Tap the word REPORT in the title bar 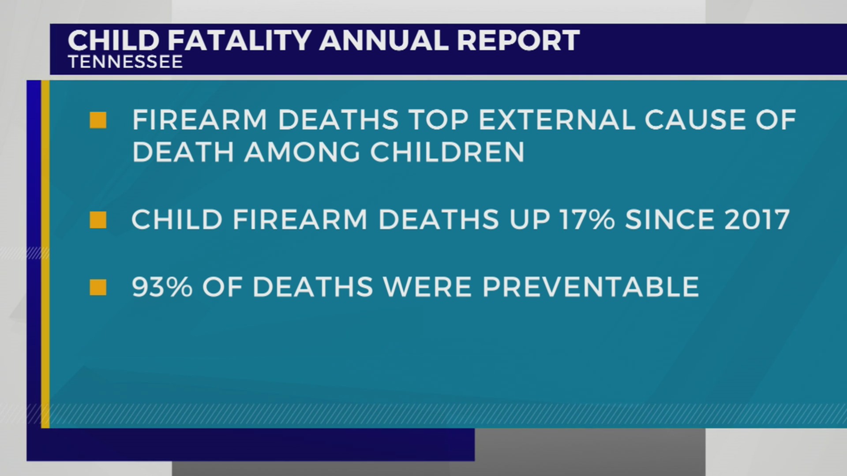(518, 41)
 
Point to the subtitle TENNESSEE (125, 62)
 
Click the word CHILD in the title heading (113, 41)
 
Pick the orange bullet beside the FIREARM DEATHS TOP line (98, 120)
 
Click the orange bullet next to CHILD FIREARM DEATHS (98, 220)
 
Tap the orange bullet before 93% (98, 287)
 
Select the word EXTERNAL (557, 120)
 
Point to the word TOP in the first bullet (438, 120)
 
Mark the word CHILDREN (447, 152)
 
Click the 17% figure (587, 220)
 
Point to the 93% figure (162, 287)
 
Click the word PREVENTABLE (591, 287)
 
